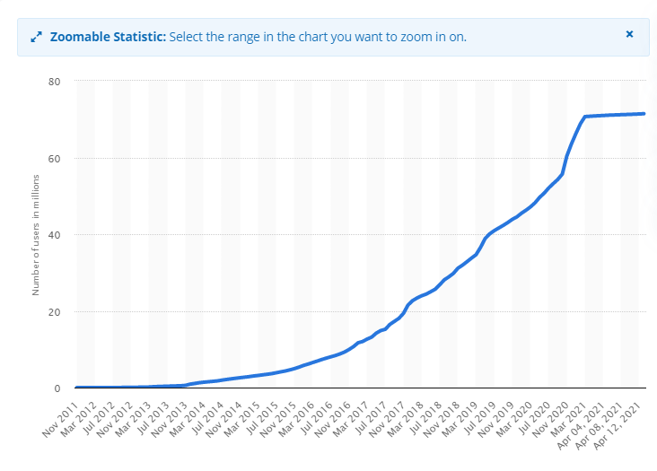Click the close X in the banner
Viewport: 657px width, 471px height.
click(629, 34)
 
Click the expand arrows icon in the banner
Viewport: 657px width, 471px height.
click(37, 37)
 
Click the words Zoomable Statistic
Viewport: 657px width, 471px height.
click(108, 37)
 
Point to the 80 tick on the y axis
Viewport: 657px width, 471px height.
click(55, 82)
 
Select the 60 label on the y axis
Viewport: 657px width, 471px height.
click(55, 159)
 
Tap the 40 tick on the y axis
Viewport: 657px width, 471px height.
click(55, 235)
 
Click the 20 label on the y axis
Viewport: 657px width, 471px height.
click(55, 312)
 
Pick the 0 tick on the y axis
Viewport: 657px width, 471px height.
click(57, 388)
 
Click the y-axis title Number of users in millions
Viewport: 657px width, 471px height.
click(36, 235)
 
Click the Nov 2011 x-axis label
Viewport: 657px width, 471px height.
click(61, 420)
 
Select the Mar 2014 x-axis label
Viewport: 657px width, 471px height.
click(188, 420)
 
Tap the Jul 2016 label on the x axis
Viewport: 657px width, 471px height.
click(316, 419)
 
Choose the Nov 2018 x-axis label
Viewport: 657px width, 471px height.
click(442, 420)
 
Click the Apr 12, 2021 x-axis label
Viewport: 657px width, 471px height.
click(618, 426)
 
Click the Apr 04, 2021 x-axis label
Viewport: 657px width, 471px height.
click(582, 426)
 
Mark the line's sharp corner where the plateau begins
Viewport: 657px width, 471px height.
click(585, 117)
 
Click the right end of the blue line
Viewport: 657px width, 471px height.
click(644, 113)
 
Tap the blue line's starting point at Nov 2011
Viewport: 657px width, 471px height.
click(76, 388)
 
